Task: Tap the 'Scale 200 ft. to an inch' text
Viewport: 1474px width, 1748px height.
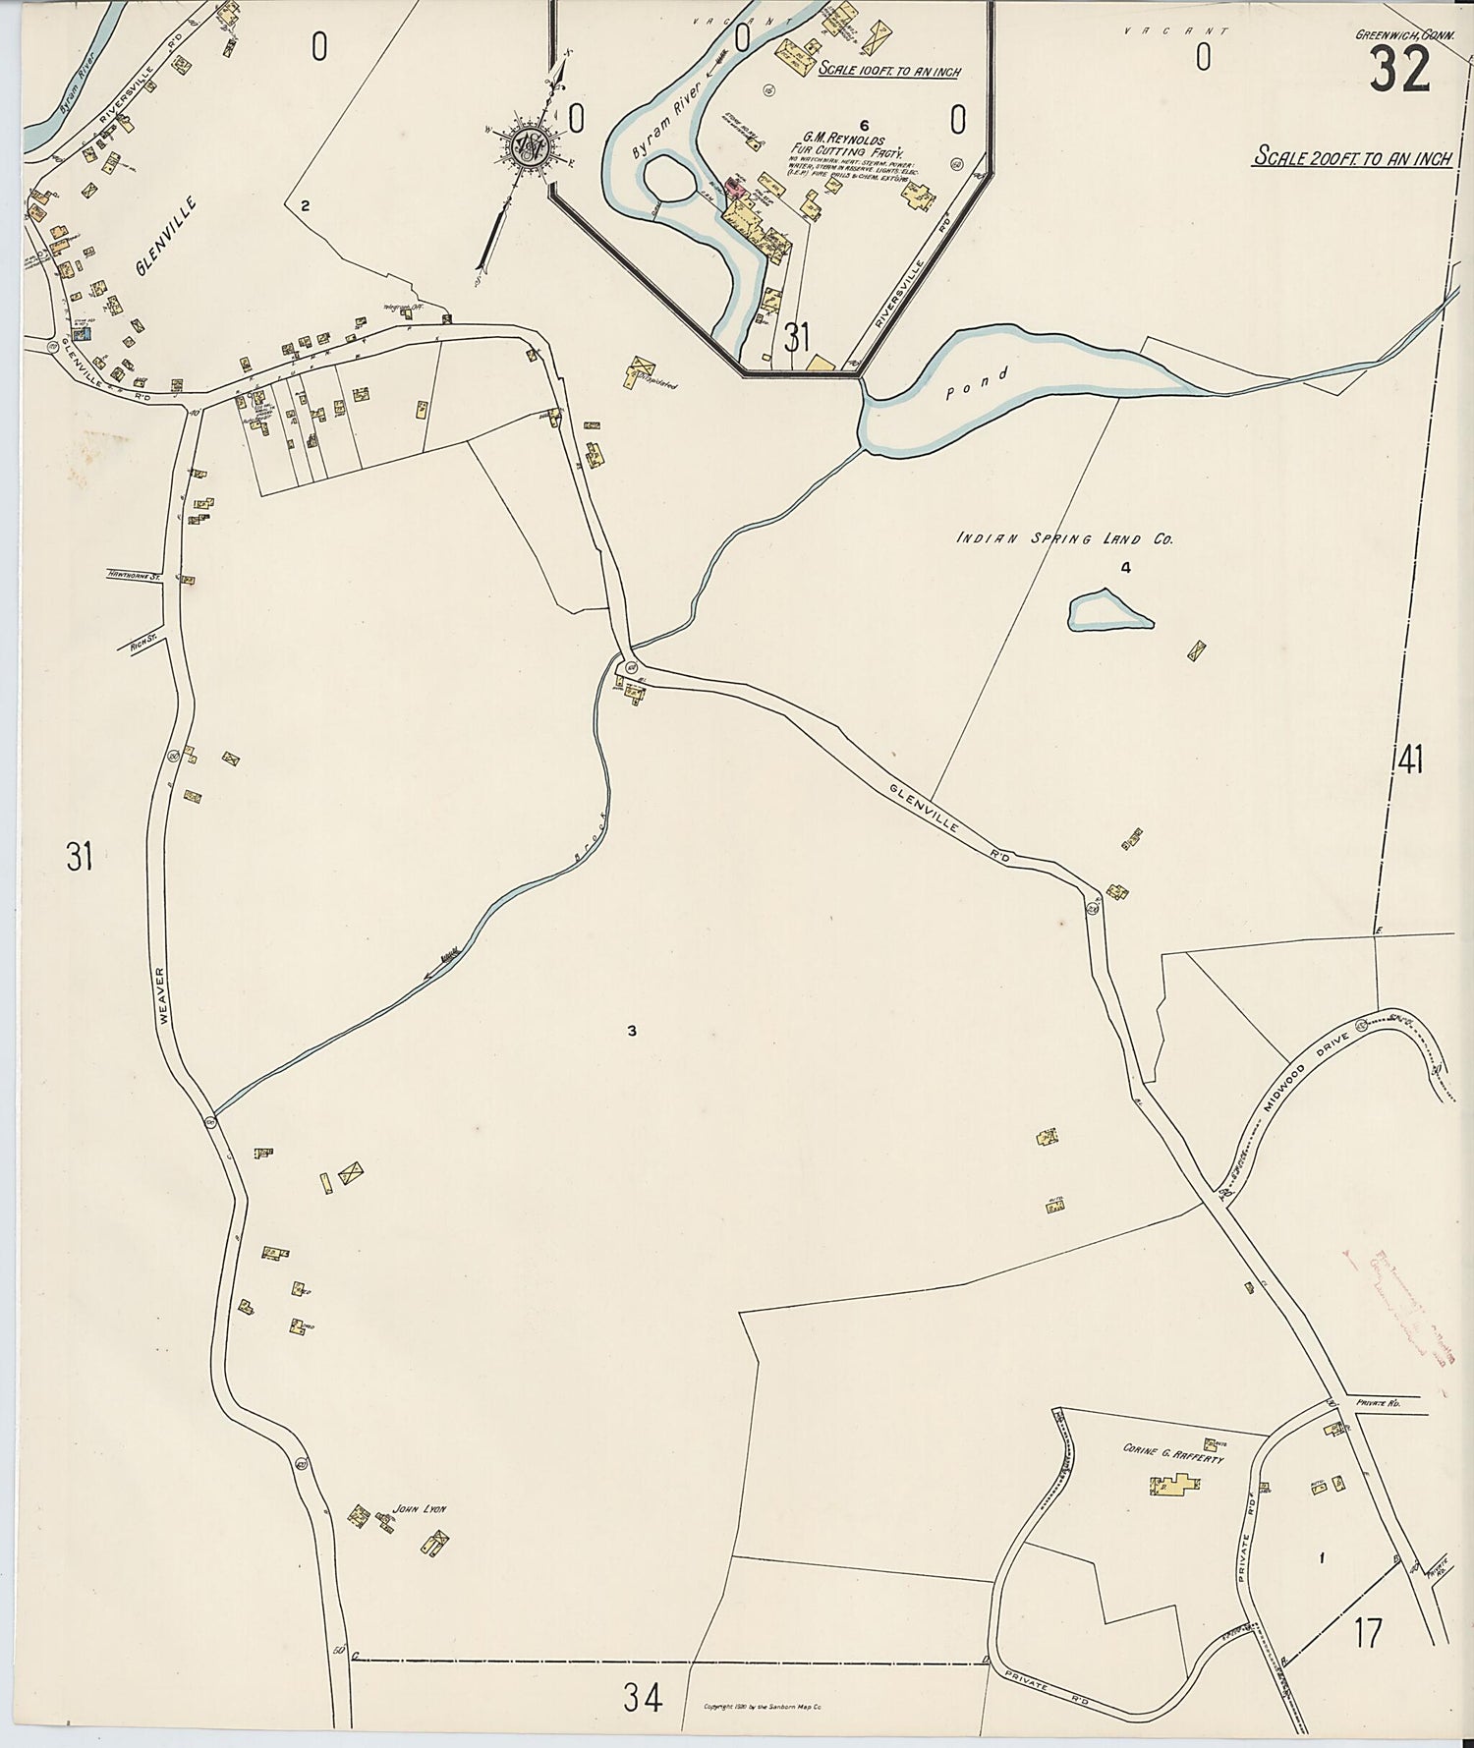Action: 1352,158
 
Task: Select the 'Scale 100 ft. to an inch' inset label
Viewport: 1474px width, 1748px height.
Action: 888,71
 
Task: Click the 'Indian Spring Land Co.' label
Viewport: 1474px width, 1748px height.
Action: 1065,538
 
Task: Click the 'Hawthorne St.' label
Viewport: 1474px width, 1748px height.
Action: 135,578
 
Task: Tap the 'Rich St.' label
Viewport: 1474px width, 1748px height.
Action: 143,645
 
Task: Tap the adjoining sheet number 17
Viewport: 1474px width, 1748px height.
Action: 1367,1633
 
